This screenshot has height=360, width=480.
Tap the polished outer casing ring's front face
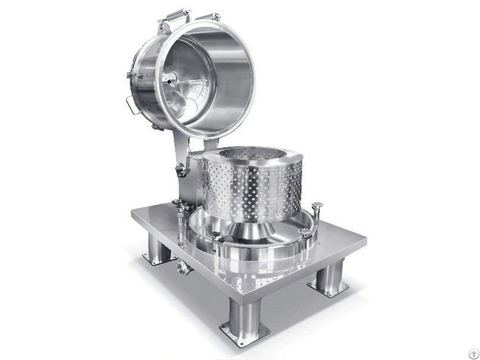255,266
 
